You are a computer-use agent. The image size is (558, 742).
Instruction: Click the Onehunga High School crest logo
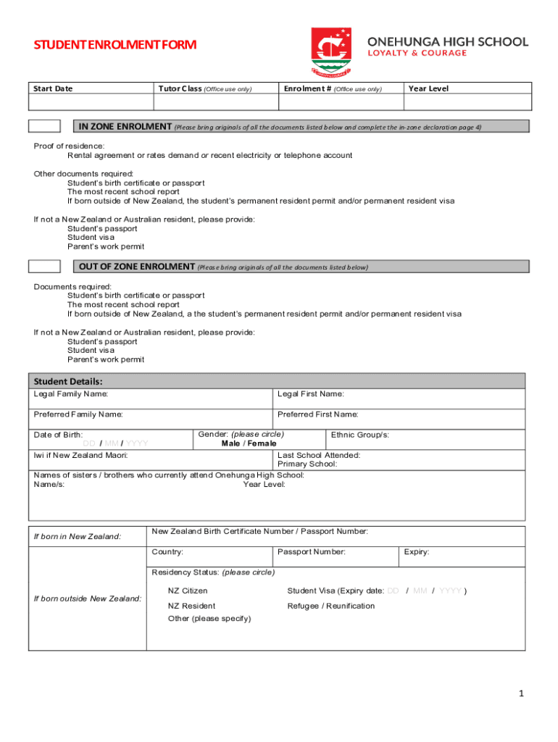coord(332,52)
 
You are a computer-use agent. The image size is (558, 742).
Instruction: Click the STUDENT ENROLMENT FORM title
coord(115,46)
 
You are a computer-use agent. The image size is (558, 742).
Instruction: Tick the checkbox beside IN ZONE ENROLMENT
coord(44,126)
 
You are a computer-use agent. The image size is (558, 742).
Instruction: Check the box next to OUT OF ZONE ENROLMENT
coord(44,266)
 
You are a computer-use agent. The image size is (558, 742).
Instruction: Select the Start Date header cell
coord(53,89)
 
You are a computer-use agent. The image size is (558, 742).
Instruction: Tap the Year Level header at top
coord(428,89)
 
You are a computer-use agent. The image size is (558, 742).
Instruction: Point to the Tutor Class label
coord(180,89)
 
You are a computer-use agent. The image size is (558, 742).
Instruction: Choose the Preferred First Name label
coord(317,414)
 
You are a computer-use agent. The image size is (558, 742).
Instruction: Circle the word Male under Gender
coord(230,443)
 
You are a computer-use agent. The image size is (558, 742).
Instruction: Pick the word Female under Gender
coord(262,443)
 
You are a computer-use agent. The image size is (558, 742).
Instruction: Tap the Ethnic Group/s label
coord(360,435)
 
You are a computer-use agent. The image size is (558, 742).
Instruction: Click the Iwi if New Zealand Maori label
coord(81,455)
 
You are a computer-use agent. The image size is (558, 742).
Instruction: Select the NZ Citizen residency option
coord(188,591)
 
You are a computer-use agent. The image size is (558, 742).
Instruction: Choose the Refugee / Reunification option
coord(331,606)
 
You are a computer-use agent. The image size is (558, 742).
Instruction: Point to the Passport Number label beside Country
coord(311,552)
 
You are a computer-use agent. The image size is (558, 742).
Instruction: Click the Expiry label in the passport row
coord(417,552)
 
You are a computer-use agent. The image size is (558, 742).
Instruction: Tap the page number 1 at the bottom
coord(520,694)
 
